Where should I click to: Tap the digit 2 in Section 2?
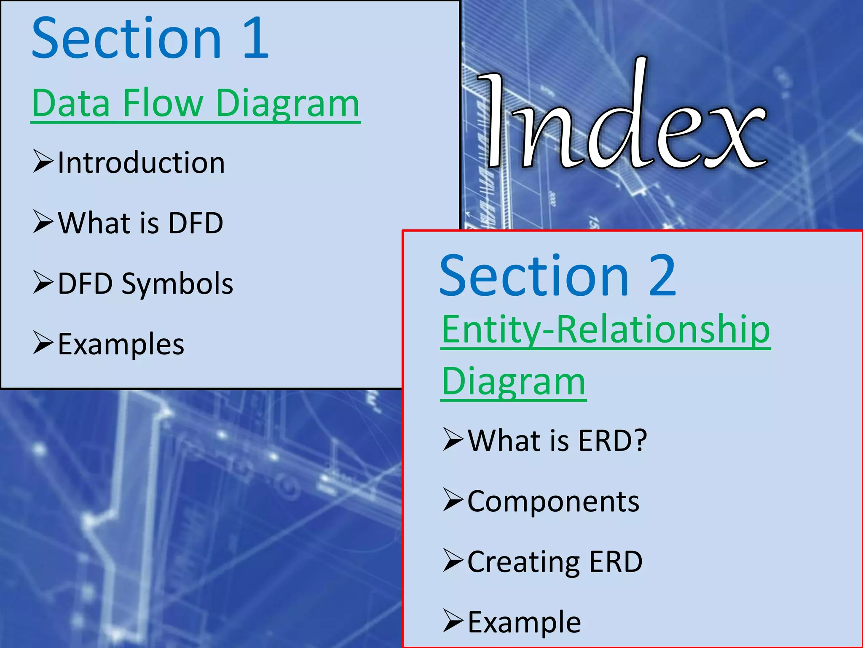pos(662,276)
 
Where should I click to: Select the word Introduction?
pos(141,163)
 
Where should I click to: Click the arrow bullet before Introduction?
pos(43,162)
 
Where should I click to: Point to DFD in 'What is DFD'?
pos(196,223)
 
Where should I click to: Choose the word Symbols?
pos(177,283)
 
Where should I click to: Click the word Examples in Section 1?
pos(121,344)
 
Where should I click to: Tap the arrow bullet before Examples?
pos(43,343)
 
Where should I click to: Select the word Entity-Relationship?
pos(606,330)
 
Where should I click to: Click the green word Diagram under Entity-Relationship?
pos(513,382)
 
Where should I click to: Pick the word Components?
pos(553,502)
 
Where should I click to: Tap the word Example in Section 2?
pos(524,622)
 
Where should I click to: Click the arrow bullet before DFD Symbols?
pos(43,282)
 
